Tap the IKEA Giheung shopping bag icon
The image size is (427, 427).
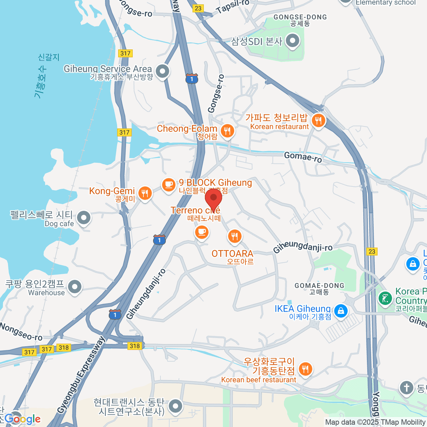(341, 310)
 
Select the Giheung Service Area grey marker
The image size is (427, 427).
(163, 71)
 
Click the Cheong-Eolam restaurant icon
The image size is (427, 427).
(227, 131)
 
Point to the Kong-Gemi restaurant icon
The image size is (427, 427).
(144, 193)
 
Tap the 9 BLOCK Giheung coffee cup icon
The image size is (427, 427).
(169, 185)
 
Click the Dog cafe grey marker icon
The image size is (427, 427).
(84, 217)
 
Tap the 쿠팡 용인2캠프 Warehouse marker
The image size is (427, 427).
(75, 286)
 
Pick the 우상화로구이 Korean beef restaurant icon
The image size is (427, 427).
(305, 369)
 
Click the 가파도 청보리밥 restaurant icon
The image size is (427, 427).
(318, 121)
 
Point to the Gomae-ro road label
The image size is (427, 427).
(303, 157)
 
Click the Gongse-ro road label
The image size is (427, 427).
(216, 94)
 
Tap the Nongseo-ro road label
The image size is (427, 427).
(21, 331)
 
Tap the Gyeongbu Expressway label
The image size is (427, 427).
(81, 375)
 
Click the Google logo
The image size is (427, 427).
(22, 419)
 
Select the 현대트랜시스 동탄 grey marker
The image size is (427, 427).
(175, 406)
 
